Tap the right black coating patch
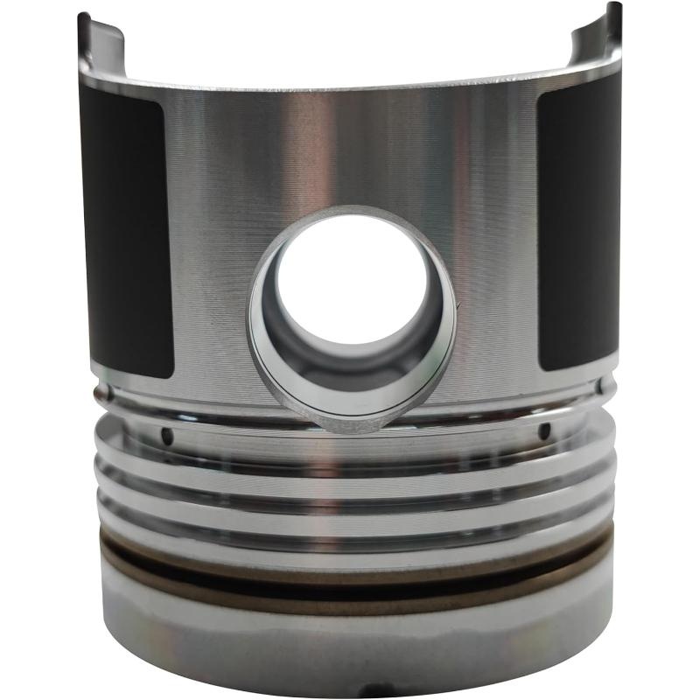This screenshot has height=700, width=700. click(577, 232)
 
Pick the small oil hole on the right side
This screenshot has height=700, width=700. click(544, 430)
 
